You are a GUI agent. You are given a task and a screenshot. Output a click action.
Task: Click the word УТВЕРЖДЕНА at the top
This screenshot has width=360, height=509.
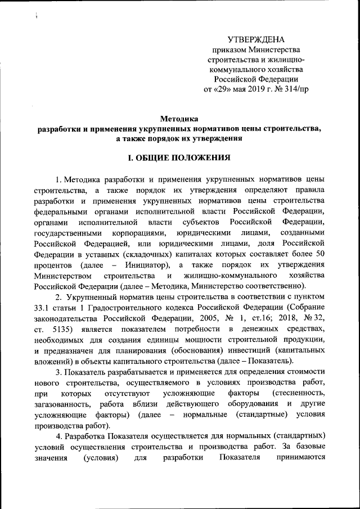tap(256, 39)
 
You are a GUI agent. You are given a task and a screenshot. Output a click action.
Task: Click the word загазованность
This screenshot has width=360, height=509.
tap(61, 403)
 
